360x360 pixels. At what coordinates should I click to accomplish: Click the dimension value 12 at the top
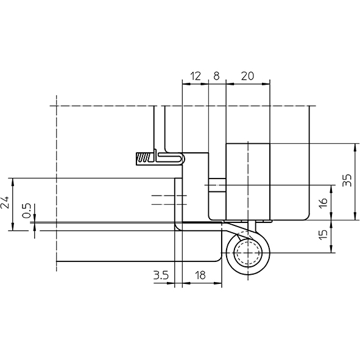[x=196, y=76]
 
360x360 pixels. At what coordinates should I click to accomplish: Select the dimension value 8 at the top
[x=216, y=76]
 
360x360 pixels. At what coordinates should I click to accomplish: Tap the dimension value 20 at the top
[x=247, y=76]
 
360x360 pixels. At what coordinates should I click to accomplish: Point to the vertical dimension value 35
[x=347, y=180]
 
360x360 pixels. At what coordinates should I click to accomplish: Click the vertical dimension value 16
[x=323, y=203]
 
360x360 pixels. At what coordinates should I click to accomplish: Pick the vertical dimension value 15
[x=323, y=235]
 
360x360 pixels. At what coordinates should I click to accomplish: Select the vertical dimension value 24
[x=5, y=202]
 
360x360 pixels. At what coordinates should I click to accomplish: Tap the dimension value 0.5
[x=26, y=211]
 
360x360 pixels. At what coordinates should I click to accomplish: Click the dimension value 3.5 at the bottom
[x=161, y=275]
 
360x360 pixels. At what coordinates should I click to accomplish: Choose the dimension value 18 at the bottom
[x=200, y=275]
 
